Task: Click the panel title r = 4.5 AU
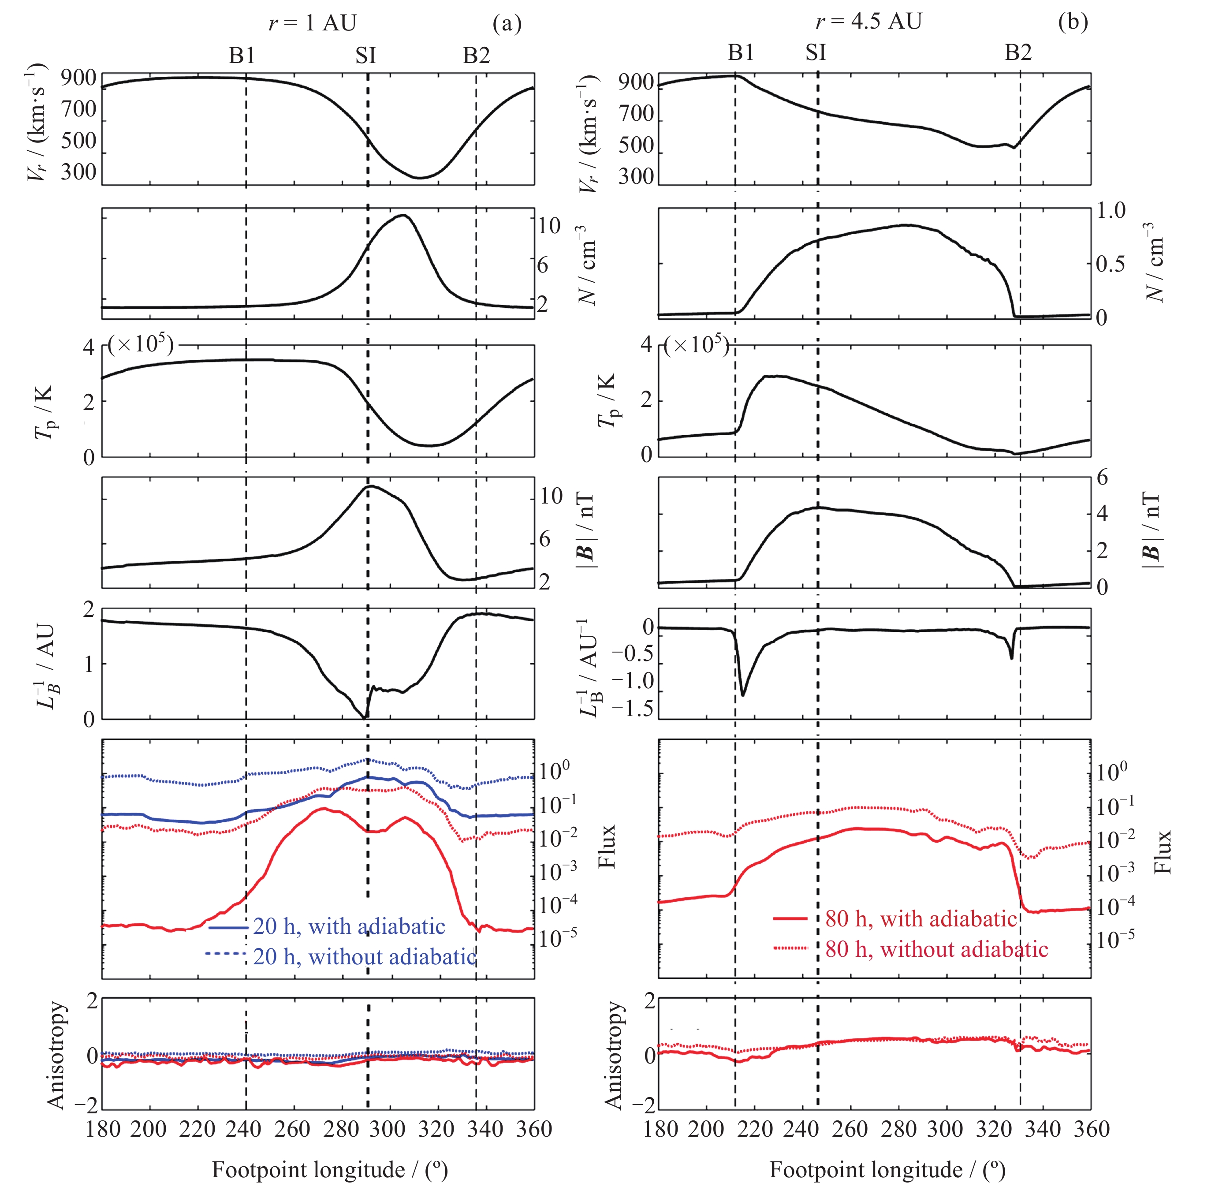868,21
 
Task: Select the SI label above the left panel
365,56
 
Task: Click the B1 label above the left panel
242,56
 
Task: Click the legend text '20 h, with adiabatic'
349,926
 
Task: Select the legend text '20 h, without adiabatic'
364,956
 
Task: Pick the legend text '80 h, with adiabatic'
921,919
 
